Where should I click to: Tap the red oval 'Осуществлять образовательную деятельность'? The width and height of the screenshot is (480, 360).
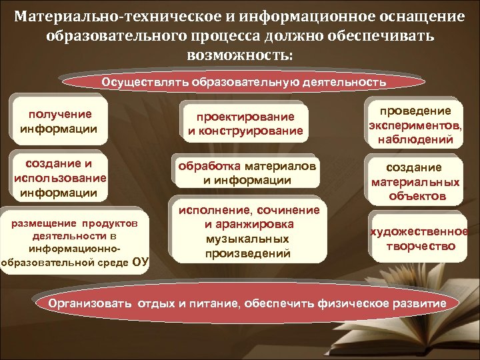[243, 83]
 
